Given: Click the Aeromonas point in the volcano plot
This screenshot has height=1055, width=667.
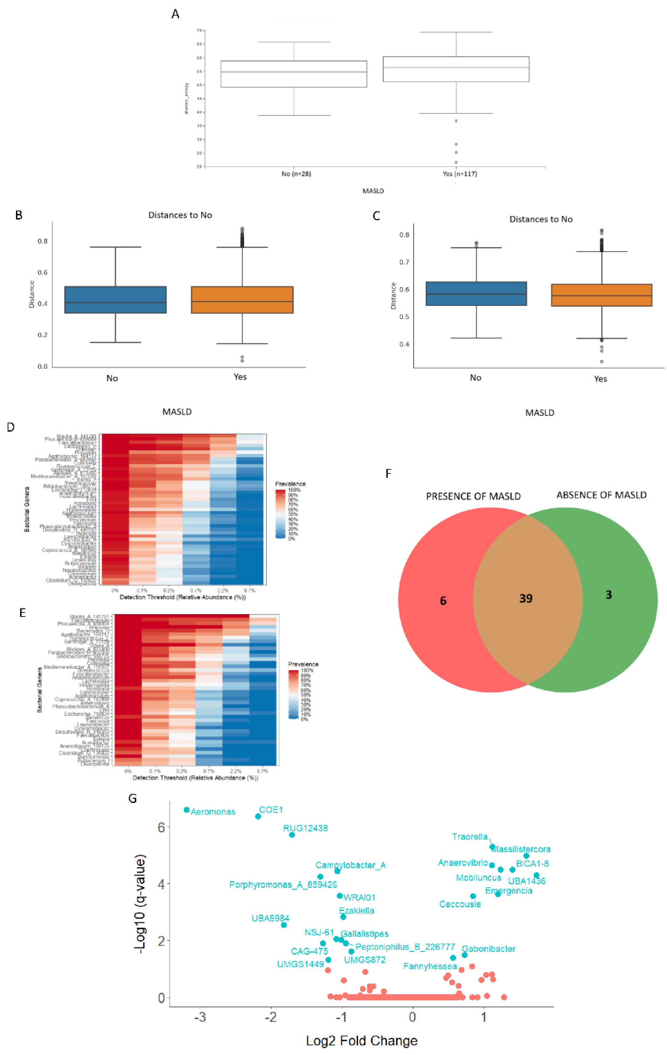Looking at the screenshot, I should (187, 810).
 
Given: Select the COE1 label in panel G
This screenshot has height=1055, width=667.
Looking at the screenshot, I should (271, 810).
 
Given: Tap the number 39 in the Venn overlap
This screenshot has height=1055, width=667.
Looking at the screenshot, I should (526, 598).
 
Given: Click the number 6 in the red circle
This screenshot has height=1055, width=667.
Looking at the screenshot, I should (443, 601).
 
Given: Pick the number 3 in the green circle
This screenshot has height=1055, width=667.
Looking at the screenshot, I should (608, 595).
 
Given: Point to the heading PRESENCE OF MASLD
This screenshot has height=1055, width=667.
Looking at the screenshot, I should (473, 496).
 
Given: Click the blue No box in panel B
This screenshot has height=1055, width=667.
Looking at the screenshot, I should (115, 300).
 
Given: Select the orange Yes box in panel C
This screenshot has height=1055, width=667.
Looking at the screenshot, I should (601, 295).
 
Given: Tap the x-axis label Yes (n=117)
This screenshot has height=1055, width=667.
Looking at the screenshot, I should (459, 174).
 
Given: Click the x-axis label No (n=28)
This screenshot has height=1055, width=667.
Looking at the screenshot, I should (296, 174).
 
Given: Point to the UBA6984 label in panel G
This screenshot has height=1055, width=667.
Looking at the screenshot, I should (270, 918).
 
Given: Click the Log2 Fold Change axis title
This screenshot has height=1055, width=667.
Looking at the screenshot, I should (361, 1040).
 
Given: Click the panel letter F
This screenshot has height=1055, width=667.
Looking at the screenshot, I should (388, 474).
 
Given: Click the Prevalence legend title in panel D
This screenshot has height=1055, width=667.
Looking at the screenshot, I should (290, 484).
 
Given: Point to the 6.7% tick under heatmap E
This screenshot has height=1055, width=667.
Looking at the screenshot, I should (262, 771).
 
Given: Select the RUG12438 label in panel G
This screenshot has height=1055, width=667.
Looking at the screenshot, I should (305, 828).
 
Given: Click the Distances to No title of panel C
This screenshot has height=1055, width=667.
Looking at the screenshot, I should (541, 219).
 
